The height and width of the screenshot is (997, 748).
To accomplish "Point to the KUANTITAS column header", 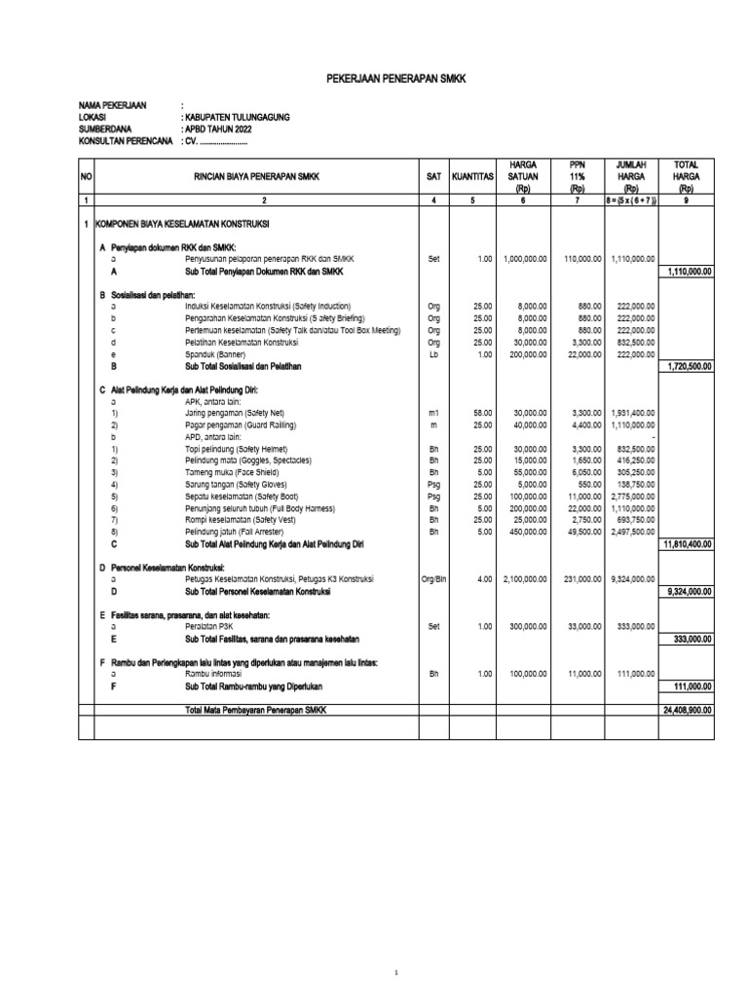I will [472, 176].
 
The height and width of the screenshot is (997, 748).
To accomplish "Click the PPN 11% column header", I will [579, 176].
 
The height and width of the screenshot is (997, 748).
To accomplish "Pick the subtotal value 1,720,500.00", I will [688, 366].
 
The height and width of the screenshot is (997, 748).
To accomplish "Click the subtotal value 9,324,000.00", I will [688, 591].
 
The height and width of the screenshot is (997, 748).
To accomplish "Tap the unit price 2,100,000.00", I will [524, 578].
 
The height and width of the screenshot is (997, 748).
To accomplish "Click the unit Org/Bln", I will [432, 578].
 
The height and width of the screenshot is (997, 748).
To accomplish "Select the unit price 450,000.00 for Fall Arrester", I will [527, 532].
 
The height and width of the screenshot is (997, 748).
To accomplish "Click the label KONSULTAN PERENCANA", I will [127, 141].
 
